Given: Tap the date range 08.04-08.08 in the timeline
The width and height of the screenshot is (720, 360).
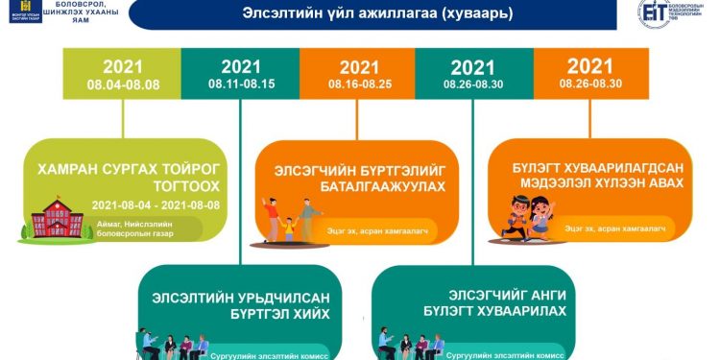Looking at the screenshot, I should (122, 84).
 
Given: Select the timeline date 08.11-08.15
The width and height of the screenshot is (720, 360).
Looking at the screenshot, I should (241, 84).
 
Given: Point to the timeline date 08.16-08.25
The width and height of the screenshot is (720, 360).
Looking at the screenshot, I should (358, 84).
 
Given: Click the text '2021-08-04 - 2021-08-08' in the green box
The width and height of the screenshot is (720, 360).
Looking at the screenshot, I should (156, 205).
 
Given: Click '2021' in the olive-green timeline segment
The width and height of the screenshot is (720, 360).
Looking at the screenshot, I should (122, 67).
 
